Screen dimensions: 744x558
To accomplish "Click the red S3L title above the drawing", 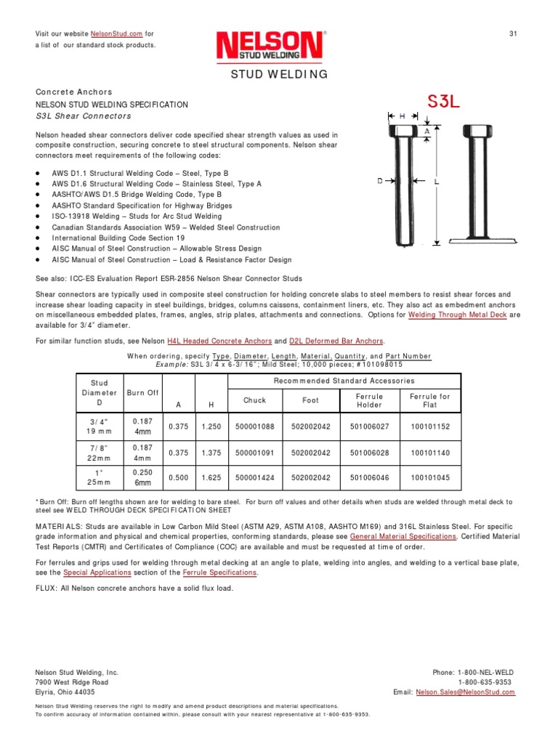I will point(442,102).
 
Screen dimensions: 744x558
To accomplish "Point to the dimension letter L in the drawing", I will point(437,183).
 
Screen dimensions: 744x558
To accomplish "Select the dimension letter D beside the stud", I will point(380,182).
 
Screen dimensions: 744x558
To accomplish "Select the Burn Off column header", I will point(142,392).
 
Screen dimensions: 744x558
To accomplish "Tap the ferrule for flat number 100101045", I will point(430,479).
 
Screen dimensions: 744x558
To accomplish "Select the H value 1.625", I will point(211,479).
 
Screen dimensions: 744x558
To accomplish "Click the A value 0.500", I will point(178,479).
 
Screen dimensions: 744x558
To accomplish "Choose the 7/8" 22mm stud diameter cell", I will point(99,453).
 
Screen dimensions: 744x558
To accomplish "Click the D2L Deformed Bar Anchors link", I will point(336,341).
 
